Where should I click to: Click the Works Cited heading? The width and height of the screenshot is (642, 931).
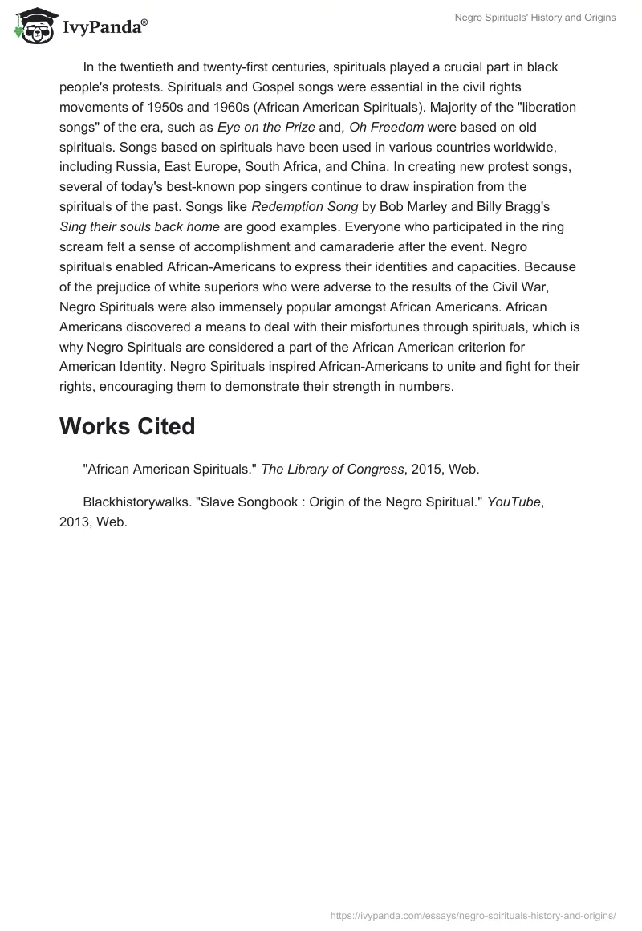pos(127,426)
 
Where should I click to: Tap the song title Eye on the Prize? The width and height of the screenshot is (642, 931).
pos(266,127)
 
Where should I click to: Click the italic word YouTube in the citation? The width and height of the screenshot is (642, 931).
pos(514,502)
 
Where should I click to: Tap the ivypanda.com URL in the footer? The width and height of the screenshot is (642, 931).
pos(473,914)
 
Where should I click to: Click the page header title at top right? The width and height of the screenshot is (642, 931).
pos(531,18)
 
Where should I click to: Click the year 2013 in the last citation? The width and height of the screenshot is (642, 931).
pos(74,522)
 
